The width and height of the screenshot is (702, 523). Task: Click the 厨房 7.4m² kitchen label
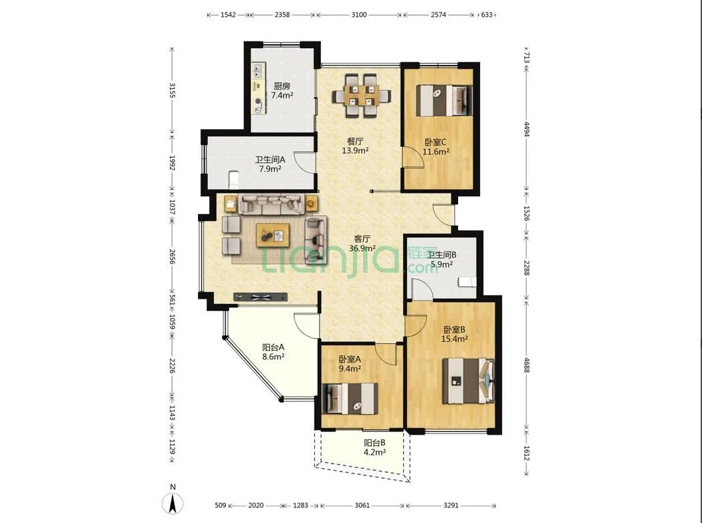click(x=282, y=90)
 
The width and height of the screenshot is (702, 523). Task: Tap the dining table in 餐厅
click(x=362, y=96)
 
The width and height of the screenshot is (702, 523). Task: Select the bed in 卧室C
click(x=444, y=101)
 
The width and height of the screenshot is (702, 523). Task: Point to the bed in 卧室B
click(x=469, y=381)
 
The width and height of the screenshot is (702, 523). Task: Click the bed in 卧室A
click(x=350, y=399)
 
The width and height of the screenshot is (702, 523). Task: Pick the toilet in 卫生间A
click(x=233, y=179)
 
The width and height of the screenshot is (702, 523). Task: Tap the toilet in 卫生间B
click(x=467, y=282)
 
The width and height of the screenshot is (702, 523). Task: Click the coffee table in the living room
click(x=272, y=235)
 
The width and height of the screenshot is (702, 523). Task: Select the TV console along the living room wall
click(x=260, y=297)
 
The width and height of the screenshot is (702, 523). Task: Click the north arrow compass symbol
click(x=172, y=503)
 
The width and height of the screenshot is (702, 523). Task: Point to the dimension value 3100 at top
click(x=358, y=15)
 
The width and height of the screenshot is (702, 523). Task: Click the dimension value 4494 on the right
click(x=527, y=129)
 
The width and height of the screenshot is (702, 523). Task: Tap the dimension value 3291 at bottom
click(x=451, y=506)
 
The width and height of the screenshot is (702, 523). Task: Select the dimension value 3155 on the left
click(x=172, y=90)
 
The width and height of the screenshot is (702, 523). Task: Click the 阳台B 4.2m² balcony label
click(x=374, y=447)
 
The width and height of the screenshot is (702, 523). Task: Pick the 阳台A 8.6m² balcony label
click(x=273, y=352)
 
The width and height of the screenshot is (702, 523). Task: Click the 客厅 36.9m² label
click(x=362, y=243)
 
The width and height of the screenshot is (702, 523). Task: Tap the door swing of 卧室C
click(x=413, y=158)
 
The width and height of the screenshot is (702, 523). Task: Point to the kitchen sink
click(x=258, y=70)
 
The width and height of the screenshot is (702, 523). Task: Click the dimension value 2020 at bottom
click(x=255, y=506)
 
